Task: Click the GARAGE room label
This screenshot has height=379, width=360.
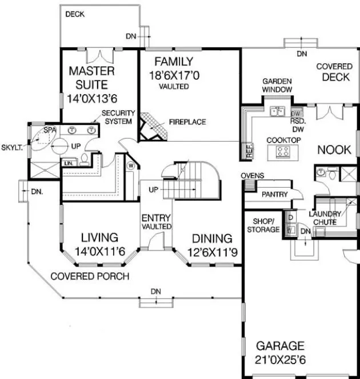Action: [x=280, y=346]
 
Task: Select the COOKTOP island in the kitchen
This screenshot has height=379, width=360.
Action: [x=283, y=151]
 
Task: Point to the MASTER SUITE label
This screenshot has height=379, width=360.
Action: [x=91, y=78]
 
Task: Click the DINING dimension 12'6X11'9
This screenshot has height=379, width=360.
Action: [x=211, y=251]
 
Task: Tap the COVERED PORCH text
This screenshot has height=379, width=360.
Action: [x=89, y=276]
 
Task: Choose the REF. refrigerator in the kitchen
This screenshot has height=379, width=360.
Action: [x=249, y=150]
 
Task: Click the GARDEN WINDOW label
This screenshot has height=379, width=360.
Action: [x=277, y=86]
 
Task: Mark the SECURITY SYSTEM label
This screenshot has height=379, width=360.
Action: [x=118, y=117]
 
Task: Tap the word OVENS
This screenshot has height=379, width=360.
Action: [x=251, y=176]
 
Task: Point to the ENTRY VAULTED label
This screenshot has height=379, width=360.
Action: [x=157, y=221]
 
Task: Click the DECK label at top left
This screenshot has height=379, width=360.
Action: [x=74, y=14]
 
